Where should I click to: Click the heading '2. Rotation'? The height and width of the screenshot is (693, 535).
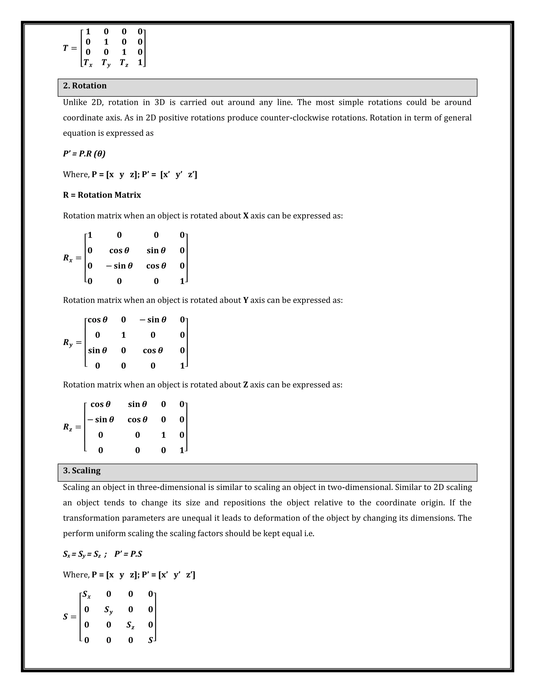[x=85, y=86]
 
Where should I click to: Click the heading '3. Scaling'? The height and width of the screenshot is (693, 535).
[x=82, y=470]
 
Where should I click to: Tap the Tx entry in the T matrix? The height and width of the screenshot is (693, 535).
[x=88, y=63]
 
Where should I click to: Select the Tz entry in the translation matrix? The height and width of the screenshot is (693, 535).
[x=124, y=63]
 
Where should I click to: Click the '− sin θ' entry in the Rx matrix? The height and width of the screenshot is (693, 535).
[x=119, y=266]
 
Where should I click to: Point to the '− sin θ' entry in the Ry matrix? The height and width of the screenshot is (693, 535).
[x=153, y=320]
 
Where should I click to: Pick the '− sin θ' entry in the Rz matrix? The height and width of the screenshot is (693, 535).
[x=101, y=419]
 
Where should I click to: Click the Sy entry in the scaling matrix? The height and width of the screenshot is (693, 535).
[x=108, y=610]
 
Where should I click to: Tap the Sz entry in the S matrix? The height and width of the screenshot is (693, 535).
[x=130, y=625]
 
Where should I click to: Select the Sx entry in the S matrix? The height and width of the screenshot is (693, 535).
[x=86, y=594]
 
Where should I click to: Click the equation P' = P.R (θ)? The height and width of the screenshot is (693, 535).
[x=84, y=154]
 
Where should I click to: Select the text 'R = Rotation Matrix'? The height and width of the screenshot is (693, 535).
[x=102, y=195]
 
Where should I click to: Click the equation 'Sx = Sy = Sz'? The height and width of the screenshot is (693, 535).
[x=82, y=554]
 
